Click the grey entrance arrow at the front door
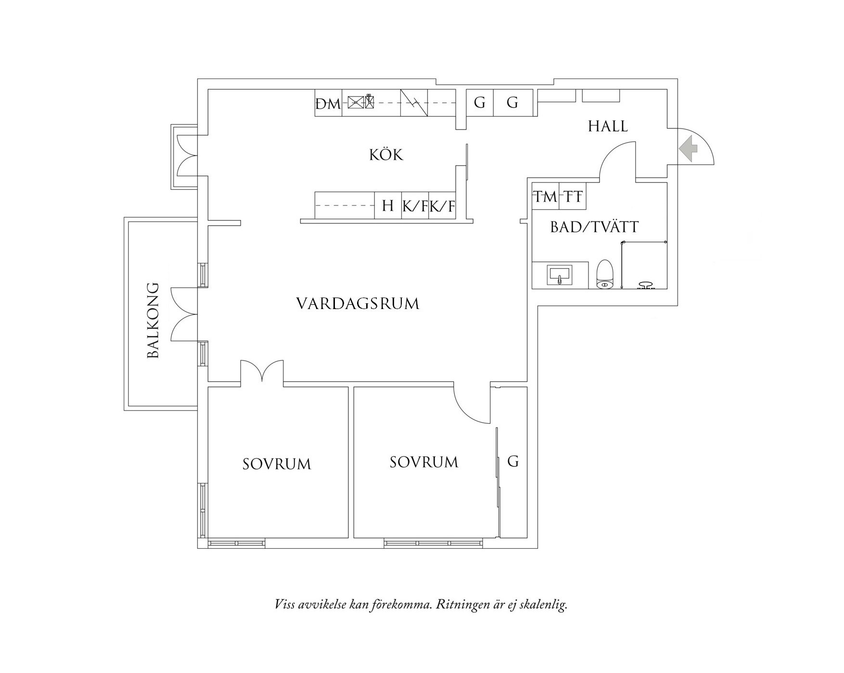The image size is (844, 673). (x=689, y=148)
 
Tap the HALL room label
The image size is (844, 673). (x=608, y=126)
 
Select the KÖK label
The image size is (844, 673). (x=386, y=155)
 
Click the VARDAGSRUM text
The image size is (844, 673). (x=358, y=304)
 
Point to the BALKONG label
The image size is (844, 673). (x=153, y=320)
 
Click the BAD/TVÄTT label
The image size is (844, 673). (x=594, y=227)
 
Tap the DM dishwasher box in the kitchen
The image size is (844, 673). (x=328, y=103)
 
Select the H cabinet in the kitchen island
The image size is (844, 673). (x=388, y=206)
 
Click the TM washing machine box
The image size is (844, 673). (x=545, y=196)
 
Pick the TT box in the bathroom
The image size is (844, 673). (x=573, y=196)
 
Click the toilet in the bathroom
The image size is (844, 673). (x=605, y=275)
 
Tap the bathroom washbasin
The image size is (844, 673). (x=560, y=275)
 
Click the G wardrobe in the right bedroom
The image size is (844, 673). (x=513, y=462)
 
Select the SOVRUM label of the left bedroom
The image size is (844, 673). (x=277, y=464)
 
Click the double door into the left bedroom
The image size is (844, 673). (x=262, y=372)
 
